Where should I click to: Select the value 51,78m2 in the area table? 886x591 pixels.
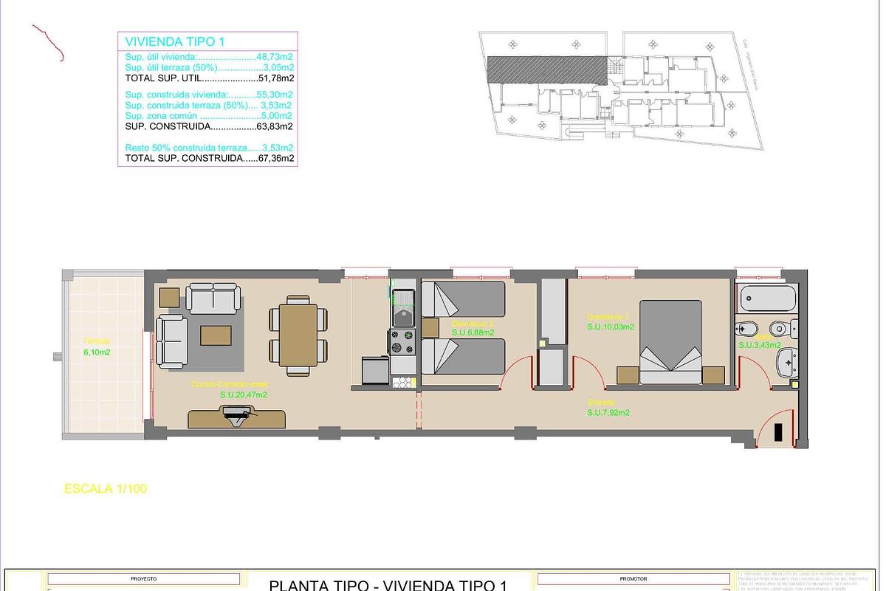pyautogui.click(x=276, y=78)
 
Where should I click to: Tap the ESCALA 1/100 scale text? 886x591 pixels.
pyautogui.click(x=106, y=488)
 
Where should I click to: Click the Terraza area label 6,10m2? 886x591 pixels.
pyautogui.click(x=97, y=352)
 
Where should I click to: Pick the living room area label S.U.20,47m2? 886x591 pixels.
pyautogui.click(x=243, y=395)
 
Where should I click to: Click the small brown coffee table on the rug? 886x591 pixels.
pyautogui.click(x=216, y=335)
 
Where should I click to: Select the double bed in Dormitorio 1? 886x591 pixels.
pyautogui.click(x=670, y=341)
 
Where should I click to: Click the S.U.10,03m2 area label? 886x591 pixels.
pyautogui.click(x=611, y=326)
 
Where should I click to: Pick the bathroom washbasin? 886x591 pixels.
pyautogui.click(x=786, y=362)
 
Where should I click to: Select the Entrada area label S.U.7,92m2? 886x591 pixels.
pyautogui.click(x=608, y=413)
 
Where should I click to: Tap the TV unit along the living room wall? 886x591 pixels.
pyautogui.click(x=237, y=419)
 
